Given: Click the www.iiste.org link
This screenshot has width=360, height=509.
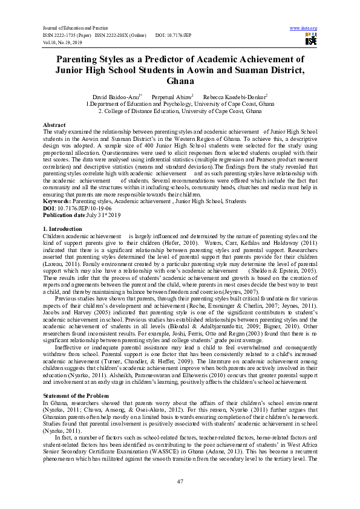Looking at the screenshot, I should pos(304,28).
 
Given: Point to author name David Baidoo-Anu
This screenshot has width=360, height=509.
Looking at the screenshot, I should pos(116,97).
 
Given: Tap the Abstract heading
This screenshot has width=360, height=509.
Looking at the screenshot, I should pos(55,125).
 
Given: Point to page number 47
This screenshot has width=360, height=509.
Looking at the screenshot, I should pos(180,481).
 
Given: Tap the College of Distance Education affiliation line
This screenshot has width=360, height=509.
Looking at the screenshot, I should pos(180,111).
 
